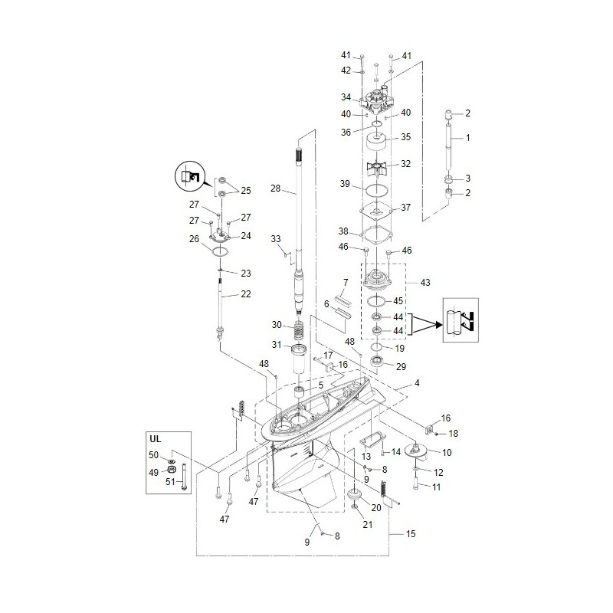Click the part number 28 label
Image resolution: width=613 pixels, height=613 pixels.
(x=276, y=188)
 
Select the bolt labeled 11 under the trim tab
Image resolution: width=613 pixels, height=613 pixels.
(x=415, y=484)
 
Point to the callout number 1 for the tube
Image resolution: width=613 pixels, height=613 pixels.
(x=467, y=137)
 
